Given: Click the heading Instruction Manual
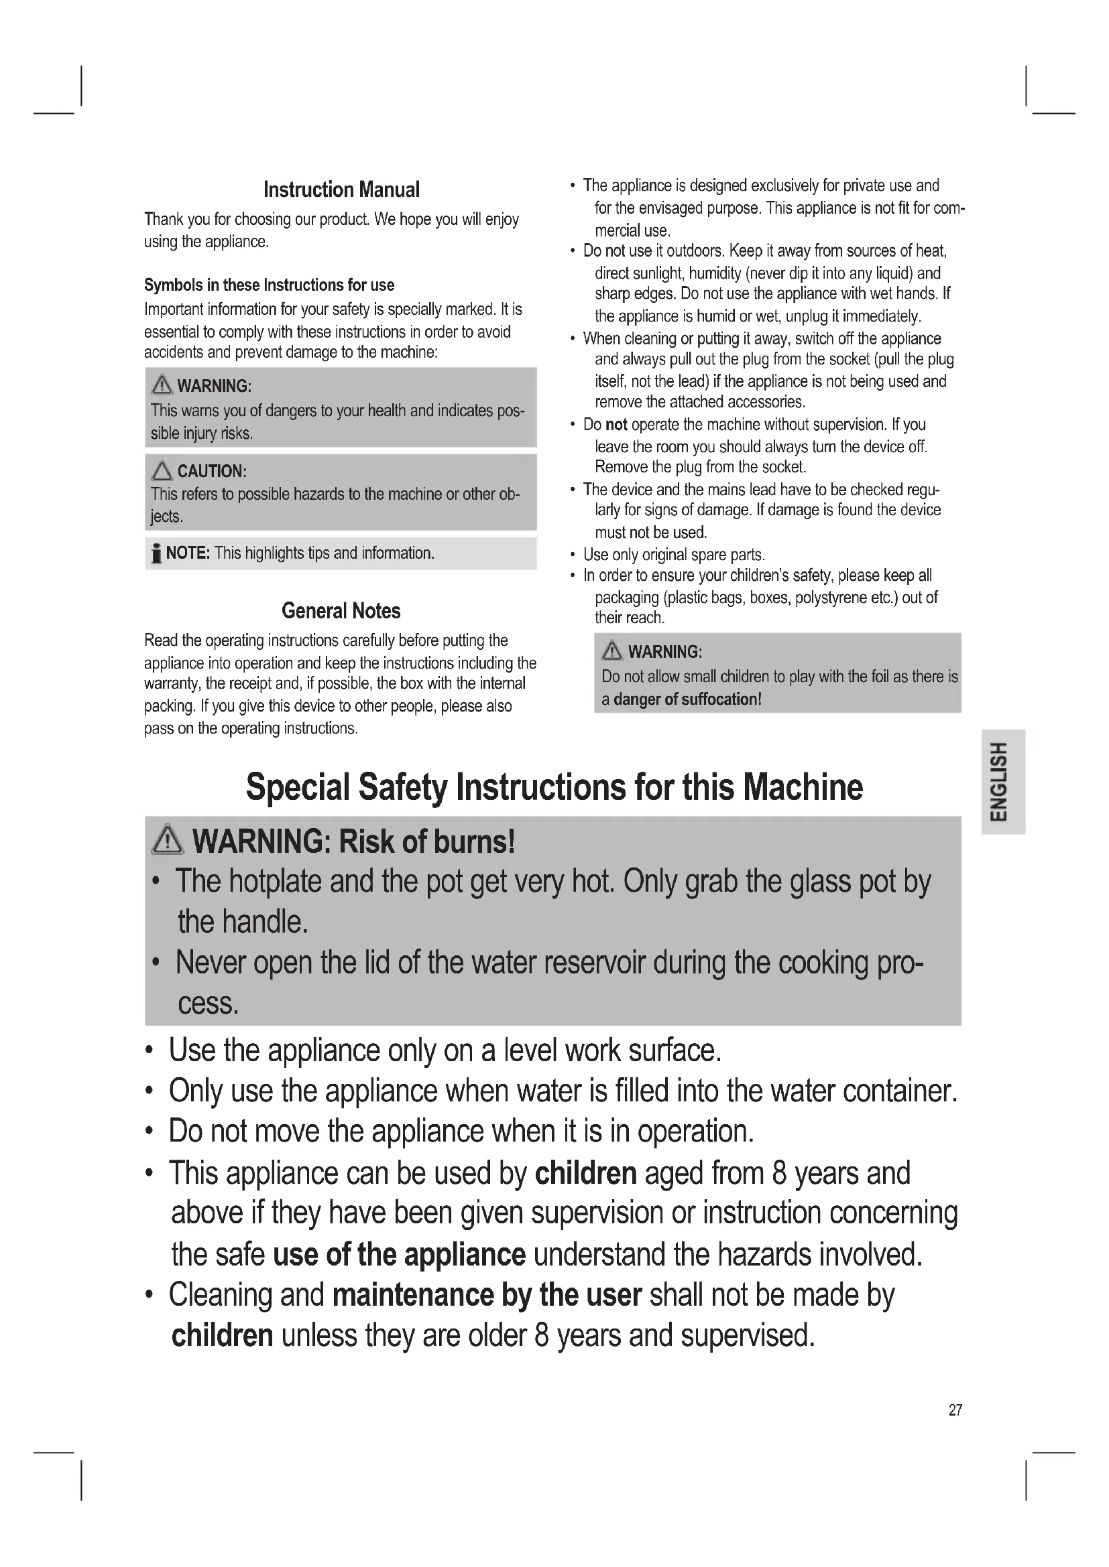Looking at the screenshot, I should [x=341, y=190].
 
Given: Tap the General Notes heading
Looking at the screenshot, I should [x=341, y=610].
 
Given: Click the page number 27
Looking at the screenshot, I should [x=955, y=1410].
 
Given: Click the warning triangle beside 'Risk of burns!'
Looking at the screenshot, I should [x=168, y=840].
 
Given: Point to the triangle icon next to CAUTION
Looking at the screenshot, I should [x=162, y=471].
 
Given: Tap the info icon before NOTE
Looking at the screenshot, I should [x=156, y=553].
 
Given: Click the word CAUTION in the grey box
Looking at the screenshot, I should [x=211, y=471].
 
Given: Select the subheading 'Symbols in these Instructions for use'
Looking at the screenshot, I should [x=269, y=285].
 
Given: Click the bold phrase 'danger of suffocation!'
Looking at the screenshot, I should [x=687, y=699].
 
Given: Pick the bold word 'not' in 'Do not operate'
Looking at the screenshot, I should [x=616, y=425].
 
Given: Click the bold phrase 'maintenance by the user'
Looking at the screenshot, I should [x=487, y=1295].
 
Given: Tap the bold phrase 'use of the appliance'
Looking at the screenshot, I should [x=400, y=1254].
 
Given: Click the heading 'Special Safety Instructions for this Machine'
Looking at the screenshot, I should [x=554, y=787].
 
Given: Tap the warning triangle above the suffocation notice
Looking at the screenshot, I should [x=612, y=651].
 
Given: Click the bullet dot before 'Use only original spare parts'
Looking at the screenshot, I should [x=572, y=555].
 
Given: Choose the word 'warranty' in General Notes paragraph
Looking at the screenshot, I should [x=172, y=684].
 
